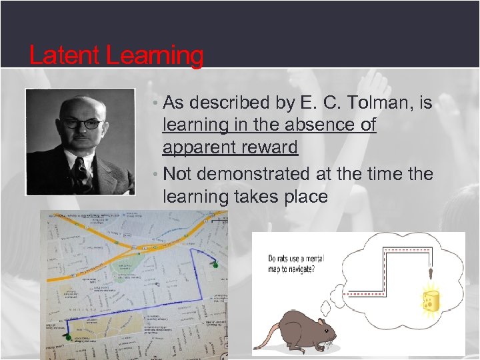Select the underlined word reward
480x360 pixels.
click(263, 148)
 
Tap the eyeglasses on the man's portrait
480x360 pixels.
click(82, 123)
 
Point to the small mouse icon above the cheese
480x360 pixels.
click(431, 273)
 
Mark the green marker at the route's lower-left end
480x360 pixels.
click(67, 338)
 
